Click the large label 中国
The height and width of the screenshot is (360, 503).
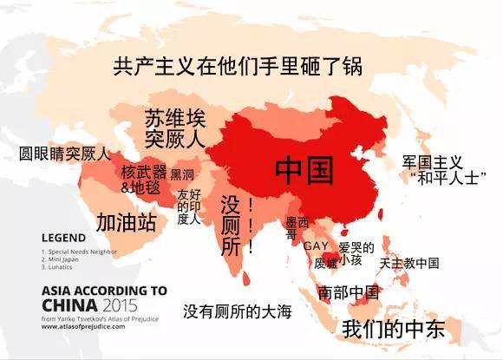pyautogui.click(x=305, y=170)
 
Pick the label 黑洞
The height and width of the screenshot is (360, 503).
pyautogui.click(x=183, y=173)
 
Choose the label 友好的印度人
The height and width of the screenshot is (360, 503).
pyautogui.click(x=189, y=206)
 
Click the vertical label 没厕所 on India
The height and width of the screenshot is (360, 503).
pyautogui.click(x=231, y=224)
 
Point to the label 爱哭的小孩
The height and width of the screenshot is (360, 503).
pyautogui.click(x=355, y=253)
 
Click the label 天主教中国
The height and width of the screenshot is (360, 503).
pyautogui.click(x=408, y=263)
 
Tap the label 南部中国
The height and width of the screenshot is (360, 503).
pyautogui.click(x=349, y=291)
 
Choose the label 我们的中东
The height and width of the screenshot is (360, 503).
pyautogui.click(x=394, y=329)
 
